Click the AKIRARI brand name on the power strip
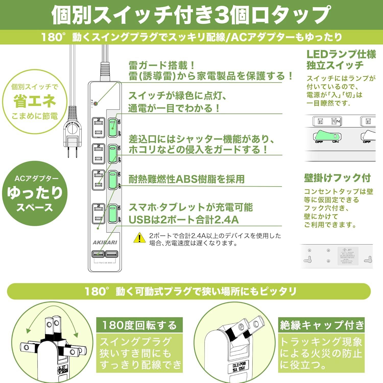click(105, 242)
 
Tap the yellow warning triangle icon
click(140, 238)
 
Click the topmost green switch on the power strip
click(112, 127)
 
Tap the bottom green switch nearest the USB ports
click(112, 213)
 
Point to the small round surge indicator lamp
click(95, 104)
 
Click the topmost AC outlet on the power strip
click(98, 127)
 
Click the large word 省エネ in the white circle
click(35, 101)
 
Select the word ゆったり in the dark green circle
click(35, 193)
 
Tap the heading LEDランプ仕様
click(341, 54)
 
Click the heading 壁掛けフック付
click(337, 178)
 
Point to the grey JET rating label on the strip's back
click(348, 256)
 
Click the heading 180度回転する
click(139, 325)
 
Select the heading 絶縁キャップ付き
click(321, 325)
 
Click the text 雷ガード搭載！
click(162, 65)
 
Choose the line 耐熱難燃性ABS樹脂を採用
click(186, 179)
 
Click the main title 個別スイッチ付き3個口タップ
click(191, 15)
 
